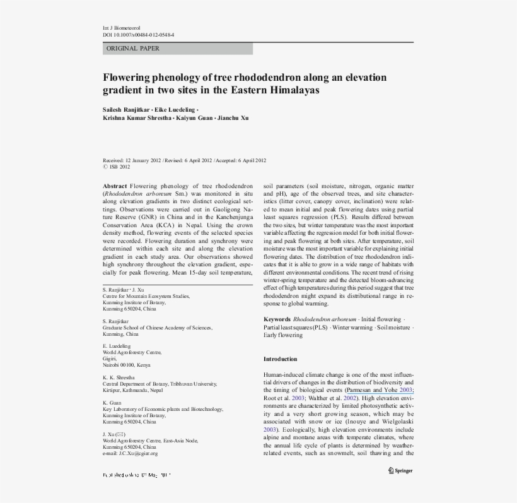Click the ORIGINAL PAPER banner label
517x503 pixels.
tap(133, 49)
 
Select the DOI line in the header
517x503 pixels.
tap(138, 35)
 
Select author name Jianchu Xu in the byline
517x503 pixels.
tap(235, 118)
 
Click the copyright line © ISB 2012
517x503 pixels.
tap(117, 167)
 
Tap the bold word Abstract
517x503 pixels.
tap(115, 187)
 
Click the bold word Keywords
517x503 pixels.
tap(277, 320)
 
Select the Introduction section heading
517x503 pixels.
tap(280, 359)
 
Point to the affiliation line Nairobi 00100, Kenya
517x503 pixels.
tap(126, 365)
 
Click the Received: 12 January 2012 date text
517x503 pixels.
tap(132, 160)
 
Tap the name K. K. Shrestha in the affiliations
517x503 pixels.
tap(119, 377)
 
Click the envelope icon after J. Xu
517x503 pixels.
tap(120, 435)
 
